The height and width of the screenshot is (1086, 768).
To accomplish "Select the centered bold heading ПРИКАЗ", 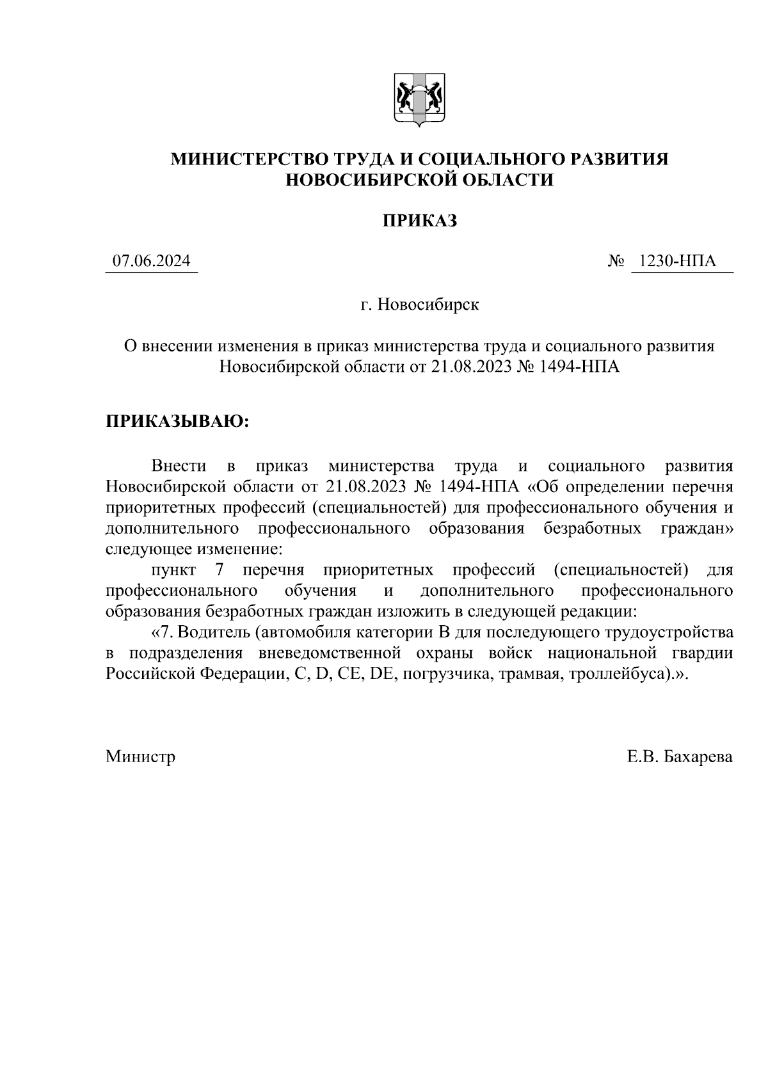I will [419, 221].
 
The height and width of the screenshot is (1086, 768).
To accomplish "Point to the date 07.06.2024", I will [151, 261].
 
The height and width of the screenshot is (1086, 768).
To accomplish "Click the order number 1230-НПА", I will [681, 261].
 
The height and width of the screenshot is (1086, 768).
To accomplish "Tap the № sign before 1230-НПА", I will [616, 262].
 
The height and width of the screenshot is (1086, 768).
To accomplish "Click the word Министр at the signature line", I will [141, 757].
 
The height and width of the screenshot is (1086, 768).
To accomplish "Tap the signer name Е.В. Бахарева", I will [680, 757].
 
